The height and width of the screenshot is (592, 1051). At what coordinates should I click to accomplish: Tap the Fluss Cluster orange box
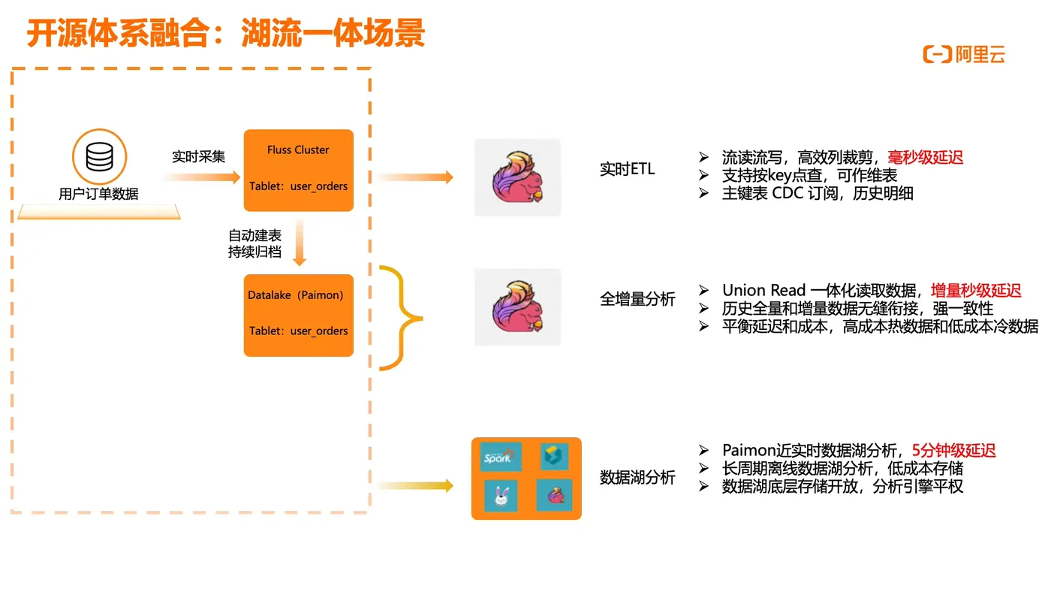[x=298, y=170]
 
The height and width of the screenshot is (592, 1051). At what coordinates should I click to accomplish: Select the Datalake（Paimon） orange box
[x=298, y=315]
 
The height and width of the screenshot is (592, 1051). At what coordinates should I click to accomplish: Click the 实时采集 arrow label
[x=198, y=156]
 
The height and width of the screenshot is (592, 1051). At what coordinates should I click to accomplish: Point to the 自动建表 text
[x=255, y=235]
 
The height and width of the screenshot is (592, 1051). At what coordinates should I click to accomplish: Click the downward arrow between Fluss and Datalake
[x=300, y=243]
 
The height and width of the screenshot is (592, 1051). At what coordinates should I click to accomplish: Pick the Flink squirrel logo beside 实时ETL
[x=517, y=178]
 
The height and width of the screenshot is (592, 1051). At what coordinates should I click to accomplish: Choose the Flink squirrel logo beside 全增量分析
[x=517, y=307]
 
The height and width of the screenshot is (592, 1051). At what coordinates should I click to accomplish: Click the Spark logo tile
[x=501, y=457]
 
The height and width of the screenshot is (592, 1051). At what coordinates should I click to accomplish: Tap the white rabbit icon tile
[x=501, y=496]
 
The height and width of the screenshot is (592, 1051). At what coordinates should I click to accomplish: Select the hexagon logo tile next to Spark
[x=554, y=457]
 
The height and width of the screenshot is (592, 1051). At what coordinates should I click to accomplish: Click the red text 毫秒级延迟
[x=925, y=157]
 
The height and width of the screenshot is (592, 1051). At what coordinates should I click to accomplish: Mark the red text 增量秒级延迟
[x=976, y=291]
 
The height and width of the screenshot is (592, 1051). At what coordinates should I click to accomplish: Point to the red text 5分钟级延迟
[x=953, y=450]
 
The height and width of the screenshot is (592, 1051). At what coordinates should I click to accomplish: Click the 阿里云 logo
[x=963, y=54]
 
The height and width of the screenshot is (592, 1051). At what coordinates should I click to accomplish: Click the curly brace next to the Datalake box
[x=401, y=318]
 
